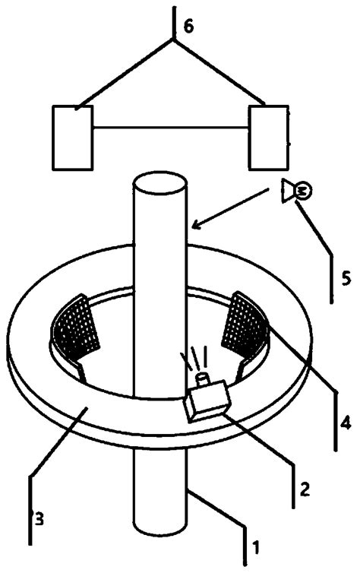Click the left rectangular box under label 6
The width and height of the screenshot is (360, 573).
(x=72, y=137)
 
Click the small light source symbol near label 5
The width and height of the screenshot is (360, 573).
(x=293, y=192)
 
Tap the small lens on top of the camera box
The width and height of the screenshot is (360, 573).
(x=203, y=378)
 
